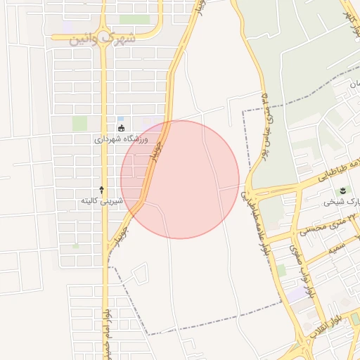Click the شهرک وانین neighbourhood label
[103, 39]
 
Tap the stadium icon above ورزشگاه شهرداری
[122, 128]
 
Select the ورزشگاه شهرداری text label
[122, 139]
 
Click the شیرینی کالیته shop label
[102, 201]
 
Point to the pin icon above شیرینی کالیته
[102, 190]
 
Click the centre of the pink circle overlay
[180, 179]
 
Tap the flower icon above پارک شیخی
[343, 191]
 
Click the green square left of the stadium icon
[79, 123]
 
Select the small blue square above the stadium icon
[120, 118]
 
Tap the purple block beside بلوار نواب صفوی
[298, 293]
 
